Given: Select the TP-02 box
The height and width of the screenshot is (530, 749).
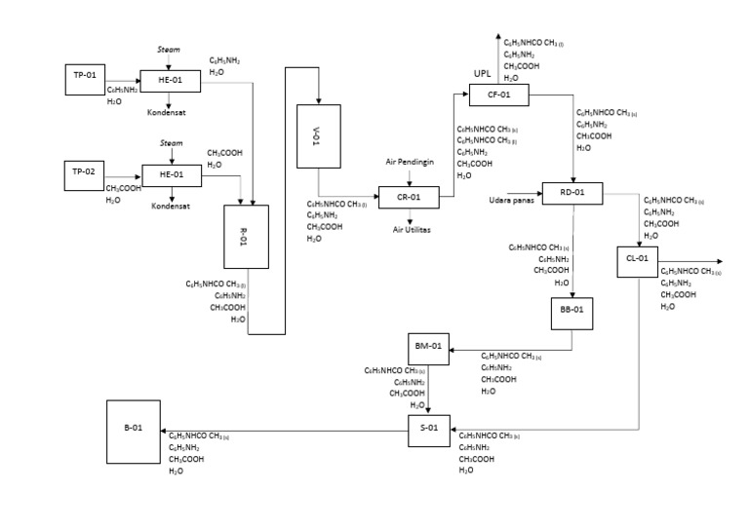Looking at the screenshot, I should click(x=86, y=173).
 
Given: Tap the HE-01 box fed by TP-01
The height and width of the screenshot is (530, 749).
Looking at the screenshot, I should click(x=171, y=81).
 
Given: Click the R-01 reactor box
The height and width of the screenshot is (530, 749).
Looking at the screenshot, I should click(x=245, y=236).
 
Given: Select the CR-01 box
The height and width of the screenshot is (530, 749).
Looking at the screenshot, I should click(x=409, y=197).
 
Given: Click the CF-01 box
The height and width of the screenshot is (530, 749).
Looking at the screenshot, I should click(x=500, y=95).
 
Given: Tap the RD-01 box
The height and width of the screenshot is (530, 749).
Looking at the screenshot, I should click(x=572, y=192).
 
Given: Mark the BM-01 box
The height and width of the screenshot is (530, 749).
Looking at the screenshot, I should click(x=430, y=346).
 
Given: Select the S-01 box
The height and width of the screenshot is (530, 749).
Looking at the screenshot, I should click(x=430, y=429).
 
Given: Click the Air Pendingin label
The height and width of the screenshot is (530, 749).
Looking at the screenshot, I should click(x=410, y=161).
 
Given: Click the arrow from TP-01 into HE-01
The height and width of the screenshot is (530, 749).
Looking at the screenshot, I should click(x=125, y=81).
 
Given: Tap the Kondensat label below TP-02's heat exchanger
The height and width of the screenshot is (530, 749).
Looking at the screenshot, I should click(x=170, y=207).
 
